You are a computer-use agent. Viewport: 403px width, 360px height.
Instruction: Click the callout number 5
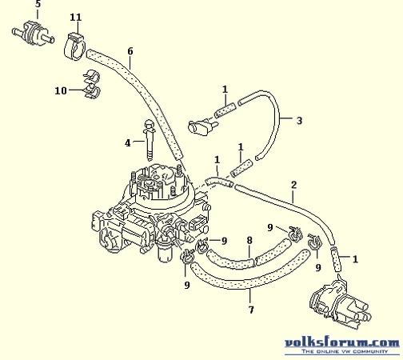(x=38, y=4)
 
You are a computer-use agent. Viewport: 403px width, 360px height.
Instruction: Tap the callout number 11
(x=76, y=18)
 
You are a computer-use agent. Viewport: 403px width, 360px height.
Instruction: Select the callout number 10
(x=61, y=90)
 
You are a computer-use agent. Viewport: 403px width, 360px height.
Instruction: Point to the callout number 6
(x=130, y=51)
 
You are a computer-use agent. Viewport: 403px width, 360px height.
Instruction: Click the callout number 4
(x=128, y=143)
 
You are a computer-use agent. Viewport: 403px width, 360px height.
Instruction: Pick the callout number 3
(x=299, y=121)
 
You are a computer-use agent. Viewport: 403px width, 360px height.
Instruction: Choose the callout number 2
(x=293, y=185)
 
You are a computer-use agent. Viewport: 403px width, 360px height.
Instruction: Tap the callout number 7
(x=251, y=310)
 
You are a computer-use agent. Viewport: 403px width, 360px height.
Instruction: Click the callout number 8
(x=249, y=240)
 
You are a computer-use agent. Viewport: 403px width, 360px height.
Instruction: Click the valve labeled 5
(x=34, y=33)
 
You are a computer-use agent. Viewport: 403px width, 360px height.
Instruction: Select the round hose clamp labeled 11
(x=75, y=46)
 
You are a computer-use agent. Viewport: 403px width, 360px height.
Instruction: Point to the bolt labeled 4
(x=149, y=140)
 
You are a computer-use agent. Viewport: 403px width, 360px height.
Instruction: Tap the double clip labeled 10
(x=92, y=83)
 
